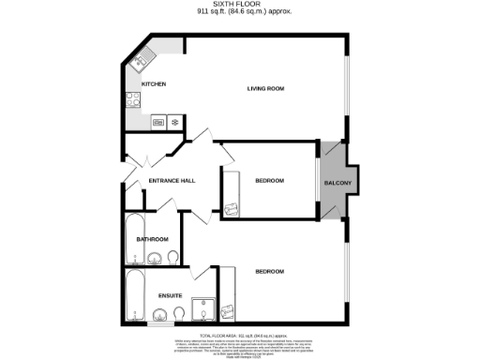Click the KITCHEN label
pos(154,83)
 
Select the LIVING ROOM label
pos(265,89)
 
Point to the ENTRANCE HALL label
pos(172,180)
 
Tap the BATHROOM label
pos(152,239)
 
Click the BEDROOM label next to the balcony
pos(269,180)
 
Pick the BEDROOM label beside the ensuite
pos(269,271)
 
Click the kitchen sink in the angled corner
pos(139,62)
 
